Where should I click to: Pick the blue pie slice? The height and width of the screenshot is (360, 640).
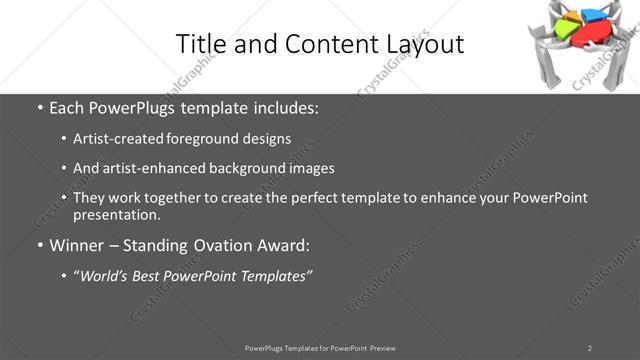pos(594,14)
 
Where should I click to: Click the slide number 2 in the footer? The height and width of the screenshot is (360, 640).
pos(589,348)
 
